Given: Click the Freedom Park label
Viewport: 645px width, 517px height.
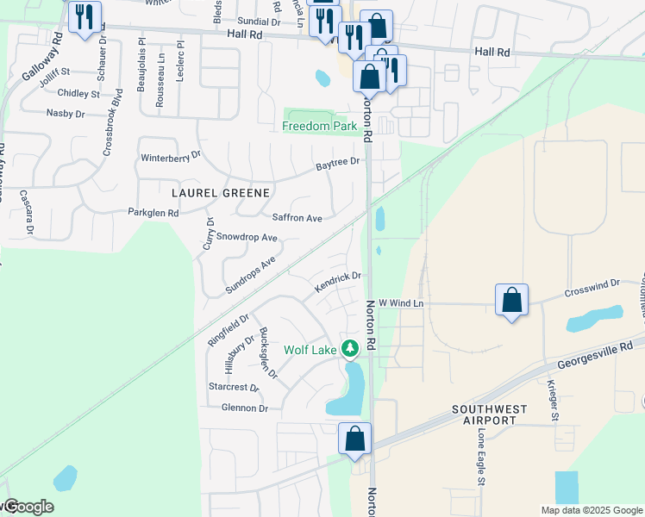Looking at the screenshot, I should point(321,126).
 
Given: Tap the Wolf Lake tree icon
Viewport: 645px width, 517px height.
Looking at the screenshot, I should point(350,349).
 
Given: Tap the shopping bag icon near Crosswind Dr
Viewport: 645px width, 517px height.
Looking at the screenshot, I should point(512,301).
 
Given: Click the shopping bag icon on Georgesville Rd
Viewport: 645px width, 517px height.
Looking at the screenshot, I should point(354,439).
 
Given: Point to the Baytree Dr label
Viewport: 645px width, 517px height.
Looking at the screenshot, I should point(336,162).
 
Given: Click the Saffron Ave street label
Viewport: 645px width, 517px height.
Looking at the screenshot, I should point(297,219).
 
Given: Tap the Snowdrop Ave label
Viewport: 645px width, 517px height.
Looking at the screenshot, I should point(247,237).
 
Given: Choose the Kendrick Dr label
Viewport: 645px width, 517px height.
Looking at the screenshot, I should point(336,282).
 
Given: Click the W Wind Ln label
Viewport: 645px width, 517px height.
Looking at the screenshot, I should point(402,303).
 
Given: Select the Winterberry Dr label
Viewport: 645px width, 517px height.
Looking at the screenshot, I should point(170,157).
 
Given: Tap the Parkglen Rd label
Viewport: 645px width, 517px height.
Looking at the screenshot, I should point(153,212).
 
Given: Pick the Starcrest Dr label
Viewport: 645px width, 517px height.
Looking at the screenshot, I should point(235,388).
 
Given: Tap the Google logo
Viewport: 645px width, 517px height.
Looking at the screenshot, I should point(28,507).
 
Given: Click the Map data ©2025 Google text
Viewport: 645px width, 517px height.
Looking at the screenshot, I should point(591,510).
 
